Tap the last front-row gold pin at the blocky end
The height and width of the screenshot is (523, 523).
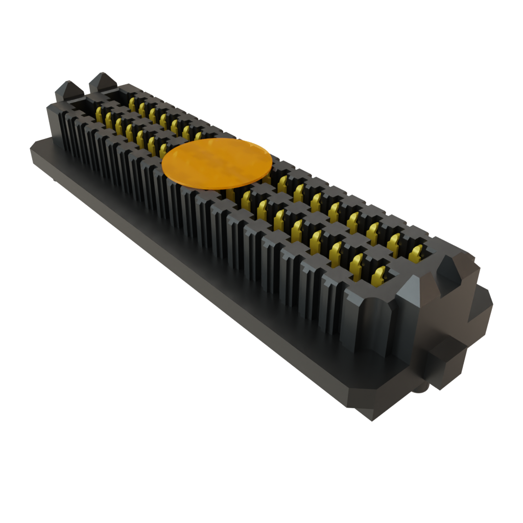[379, 276]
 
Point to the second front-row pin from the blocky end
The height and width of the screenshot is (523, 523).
[358, 263]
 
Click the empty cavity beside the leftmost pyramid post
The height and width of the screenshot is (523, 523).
[82, 105]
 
